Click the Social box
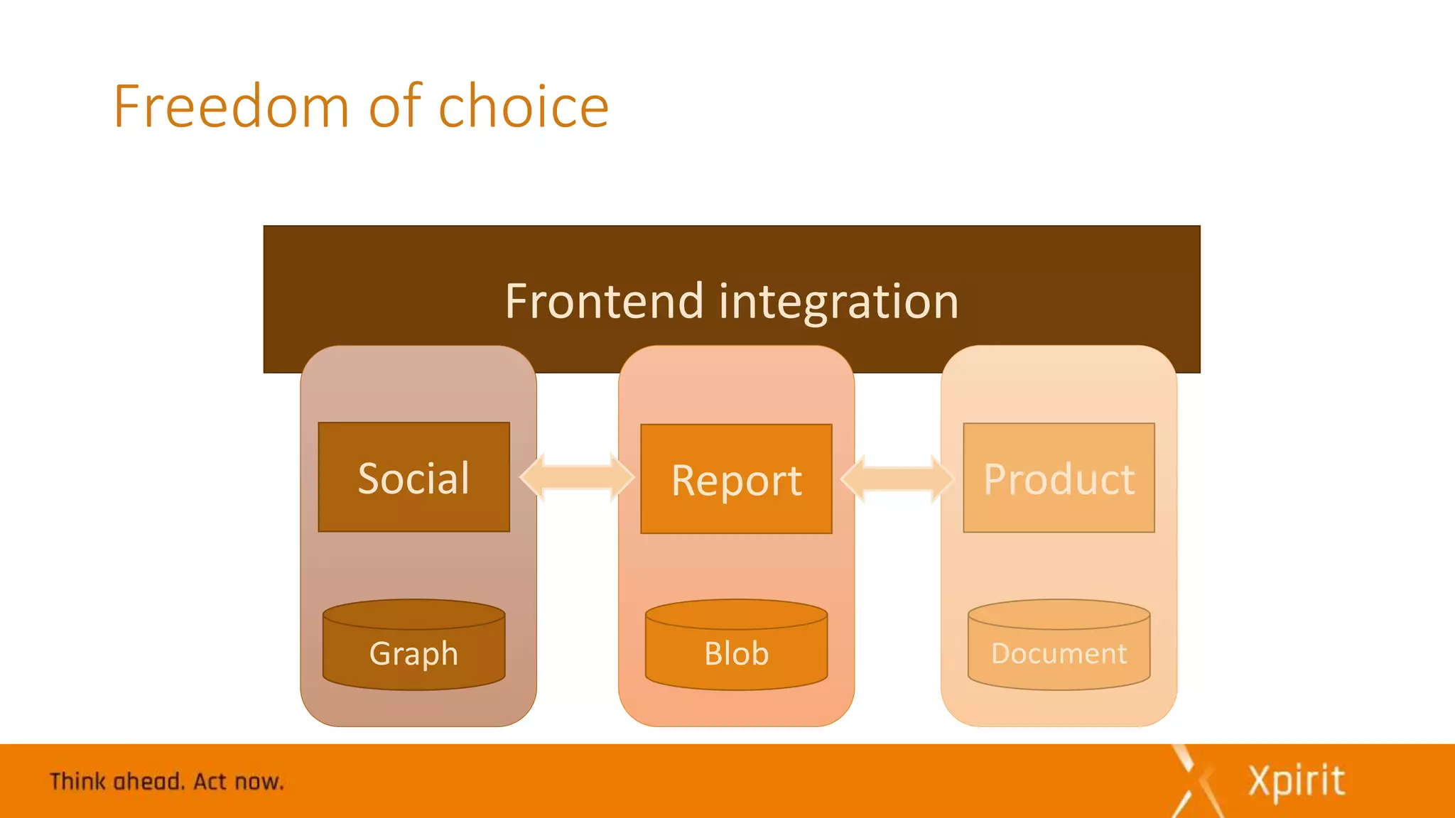pos(413,477)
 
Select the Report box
pos(736,479)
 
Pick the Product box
pos(1059,478)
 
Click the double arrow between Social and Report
pos(576,477)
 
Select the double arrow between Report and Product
pos(897,479)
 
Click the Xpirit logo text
pos(1297,781)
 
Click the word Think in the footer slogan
pos(77,782)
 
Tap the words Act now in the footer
pos(238,782)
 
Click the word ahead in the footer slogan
pos(148,782)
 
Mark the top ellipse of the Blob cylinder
pos(736,614)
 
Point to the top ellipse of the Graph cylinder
pos(413,614)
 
